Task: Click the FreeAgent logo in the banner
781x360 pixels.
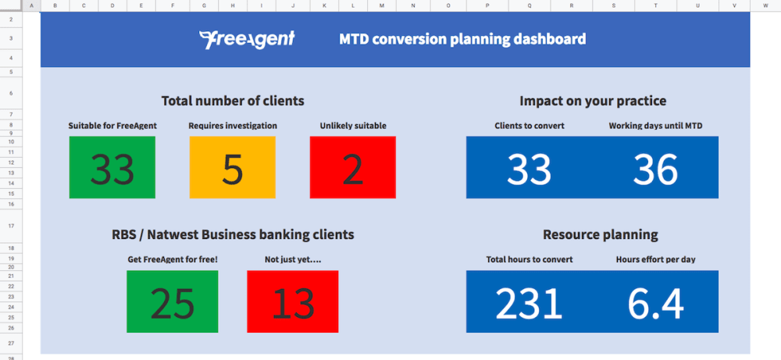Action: point(247,39)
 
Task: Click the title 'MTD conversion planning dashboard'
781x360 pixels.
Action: point(462,39)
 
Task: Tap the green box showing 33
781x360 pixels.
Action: point(112,167)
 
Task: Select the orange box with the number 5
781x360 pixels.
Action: point(232,167)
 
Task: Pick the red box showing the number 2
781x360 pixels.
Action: point(353,167)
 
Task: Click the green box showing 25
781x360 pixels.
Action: point(173,301)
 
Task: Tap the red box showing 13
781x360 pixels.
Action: point(292,301)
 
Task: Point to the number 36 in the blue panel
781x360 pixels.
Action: point(655,169)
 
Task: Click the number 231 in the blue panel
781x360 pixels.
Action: point(529,303)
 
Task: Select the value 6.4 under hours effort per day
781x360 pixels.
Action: point(655,303)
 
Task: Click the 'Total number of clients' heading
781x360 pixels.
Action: point(233,101)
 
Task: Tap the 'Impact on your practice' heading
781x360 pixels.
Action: point(593,101)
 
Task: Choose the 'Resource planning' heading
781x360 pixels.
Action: point(600,234)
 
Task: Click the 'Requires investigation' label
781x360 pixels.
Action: point(233,126)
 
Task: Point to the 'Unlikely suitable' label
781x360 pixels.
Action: point(353,126)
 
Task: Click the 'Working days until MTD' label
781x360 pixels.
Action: point(655,126)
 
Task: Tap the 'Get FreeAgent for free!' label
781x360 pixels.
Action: point(173,259)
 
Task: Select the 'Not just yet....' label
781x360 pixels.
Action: point(292,259)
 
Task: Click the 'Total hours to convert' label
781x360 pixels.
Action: point(530,259)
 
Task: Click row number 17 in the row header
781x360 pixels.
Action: point(12,226)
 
